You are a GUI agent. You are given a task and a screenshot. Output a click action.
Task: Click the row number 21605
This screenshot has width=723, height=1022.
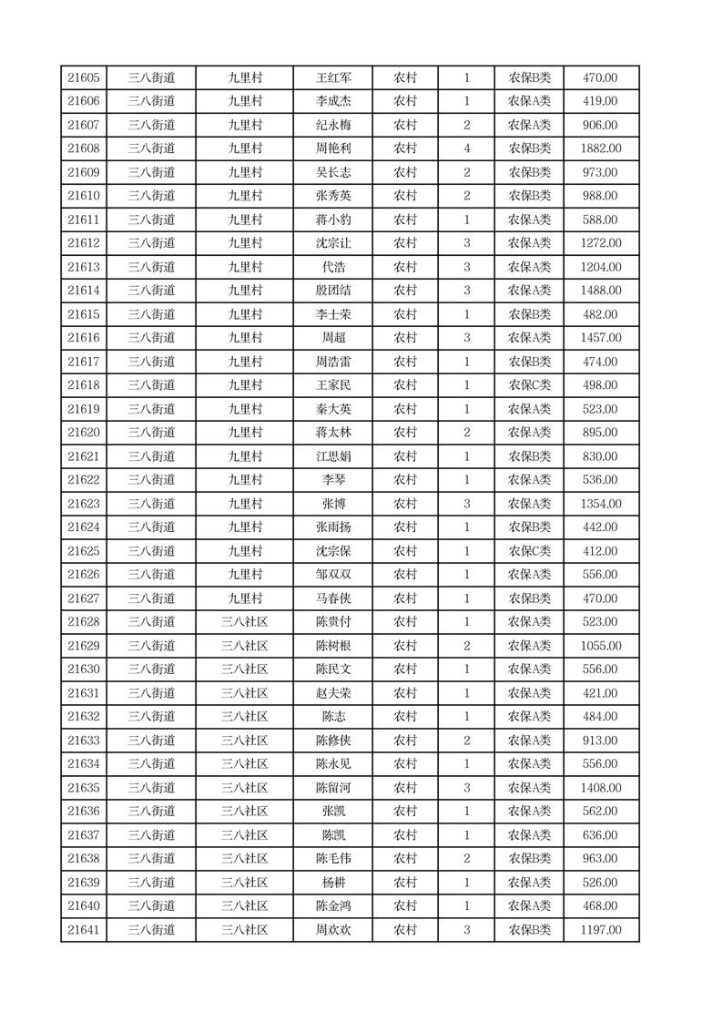[x=84, y=78]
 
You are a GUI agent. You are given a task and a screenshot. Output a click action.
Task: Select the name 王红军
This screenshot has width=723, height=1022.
[x=332, y=78]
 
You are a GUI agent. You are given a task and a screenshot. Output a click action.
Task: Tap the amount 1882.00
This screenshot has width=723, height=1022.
[x=601, y=148]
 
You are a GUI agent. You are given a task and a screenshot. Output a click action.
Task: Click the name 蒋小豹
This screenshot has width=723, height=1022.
[x=332, y=220]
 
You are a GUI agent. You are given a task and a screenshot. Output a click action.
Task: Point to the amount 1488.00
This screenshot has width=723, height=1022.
[x=601, y=291]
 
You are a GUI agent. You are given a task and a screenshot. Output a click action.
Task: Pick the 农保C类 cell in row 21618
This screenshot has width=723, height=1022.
[x=529, y=385]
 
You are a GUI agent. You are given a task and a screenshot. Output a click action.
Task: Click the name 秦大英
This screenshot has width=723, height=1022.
[x=332, y=409]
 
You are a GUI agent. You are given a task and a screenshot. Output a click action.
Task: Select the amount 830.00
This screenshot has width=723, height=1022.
[x=601, y=456]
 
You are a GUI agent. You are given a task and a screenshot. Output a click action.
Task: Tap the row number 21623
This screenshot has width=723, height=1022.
[x=84, y=504]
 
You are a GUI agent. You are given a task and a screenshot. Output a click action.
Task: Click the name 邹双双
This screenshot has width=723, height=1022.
[x=332, y=575]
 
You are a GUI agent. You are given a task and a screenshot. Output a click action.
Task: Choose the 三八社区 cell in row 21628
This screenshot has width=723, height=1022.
[x=245, y=622]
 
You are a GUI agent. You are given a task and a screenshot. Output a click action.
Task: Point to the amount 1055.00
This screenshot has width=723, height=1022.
[x=601, y=646]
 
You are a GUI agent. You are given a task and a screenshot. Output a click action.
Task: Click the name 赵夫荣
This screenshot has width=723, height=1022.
[x=332, y=693]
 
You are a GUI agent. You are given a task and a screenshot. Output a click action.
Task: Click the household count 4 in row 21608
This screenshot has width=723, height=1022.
[x=467, y=148]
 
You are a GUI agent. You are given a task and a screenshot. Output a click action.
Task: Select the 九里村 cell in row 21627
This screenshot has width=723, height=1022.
[x=245, y=598]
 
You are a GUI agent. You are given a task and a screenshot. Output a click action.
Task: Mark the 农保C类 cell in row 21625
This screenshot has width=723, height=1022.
[x=529, y=551]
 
